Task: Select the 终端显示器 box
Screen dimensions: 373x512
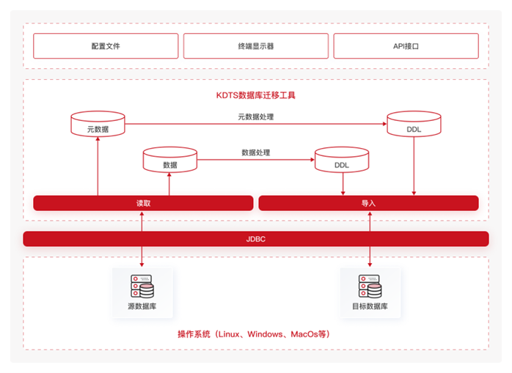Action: pos(255,46)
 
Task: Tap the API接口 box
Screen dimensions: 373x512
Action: pos(406,46)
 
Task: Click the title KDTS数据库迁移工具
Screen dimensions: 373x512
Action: pos(256,95)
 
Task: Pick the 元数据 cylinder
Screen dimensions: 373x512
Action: pos(98,124)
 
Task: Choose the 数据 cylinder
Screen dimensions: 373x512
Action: pos(169,160)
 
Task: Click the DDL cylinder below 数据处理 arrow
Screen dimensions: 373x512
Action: pos(342,160)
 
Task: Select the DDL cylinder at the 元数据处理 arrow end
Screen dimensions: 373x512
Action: pos(414,124)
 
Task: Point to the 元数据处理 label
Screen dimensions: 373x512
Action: pos(256,117)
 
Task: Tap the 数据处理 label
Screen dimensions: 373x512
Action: pos(256,152)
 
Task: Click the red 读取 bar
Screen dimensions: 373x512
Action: pos(143,203)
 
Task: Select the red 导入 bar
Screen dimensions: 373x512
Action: pos(368,203)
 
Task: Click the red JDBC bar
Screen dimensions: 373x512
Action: pos(256,239)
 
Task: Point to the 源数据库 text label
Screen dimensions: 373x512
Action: pos(142,306)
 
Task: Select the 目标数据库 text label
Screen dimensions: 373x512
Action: pos(369,306)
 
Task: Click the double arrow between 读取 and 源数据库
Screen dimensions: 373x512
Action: pos(142,237)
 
